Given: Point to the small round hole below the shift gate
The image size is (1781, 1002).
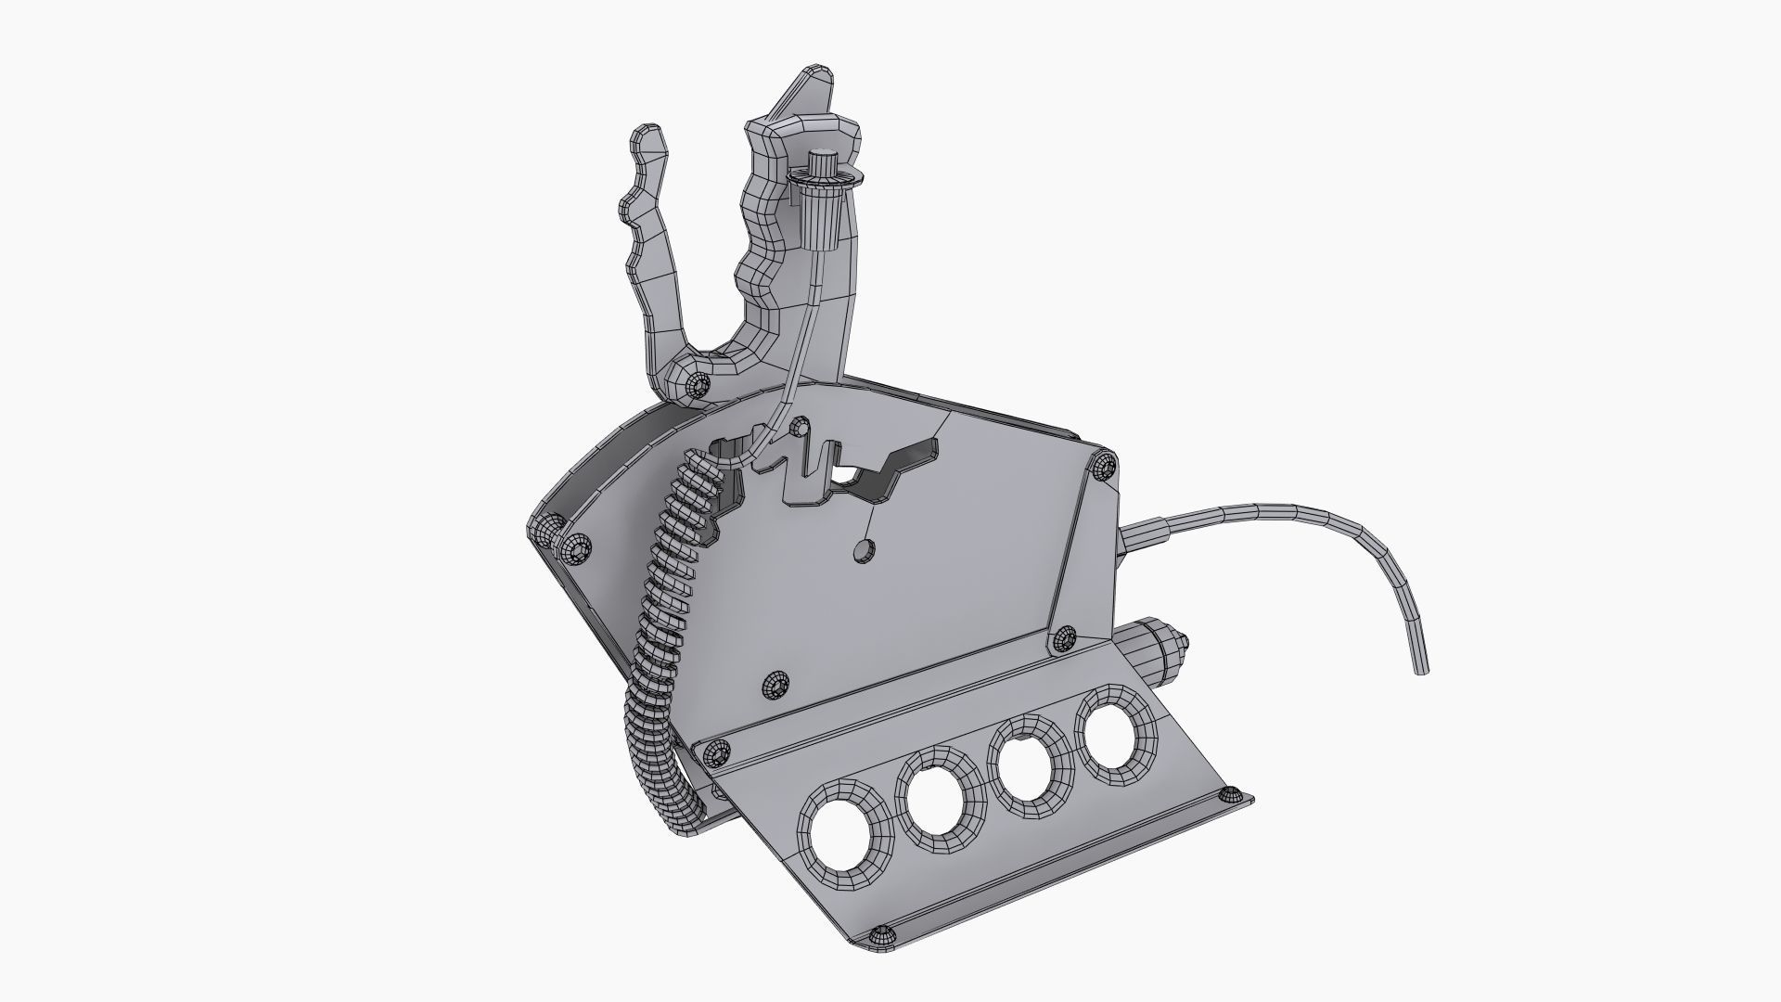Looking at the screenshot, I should [863, 551].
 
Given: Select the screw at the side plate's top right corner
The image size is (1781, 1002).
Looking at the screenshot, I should [1102, 466].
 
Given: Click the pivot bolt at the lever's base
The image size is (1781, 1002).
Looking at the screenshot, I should [697, 382].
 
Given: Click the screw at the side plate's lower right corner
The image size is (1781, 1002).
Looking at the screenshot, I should [1063, 638].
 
